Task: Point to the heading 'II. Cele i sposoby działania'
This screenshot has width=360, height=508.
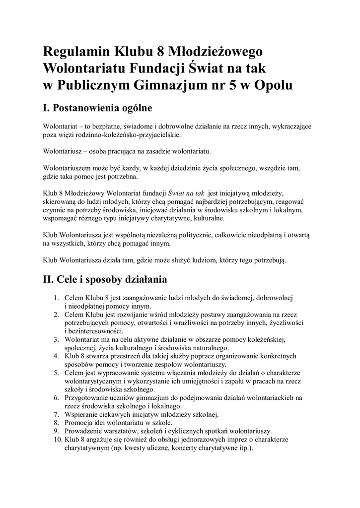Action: coord(105,279)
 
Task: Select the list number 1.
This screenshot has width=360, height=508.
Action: coord(56,298)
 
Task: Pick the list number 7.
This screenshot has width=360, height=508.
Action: coord(56,414)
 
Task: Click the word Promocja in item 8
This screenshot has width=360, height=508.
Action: coord(79,423)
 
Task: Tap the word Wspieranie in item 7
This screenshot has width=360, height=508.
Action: coord(82,414)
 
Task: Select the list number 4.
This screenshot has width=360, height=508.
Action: coord(56,355)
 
